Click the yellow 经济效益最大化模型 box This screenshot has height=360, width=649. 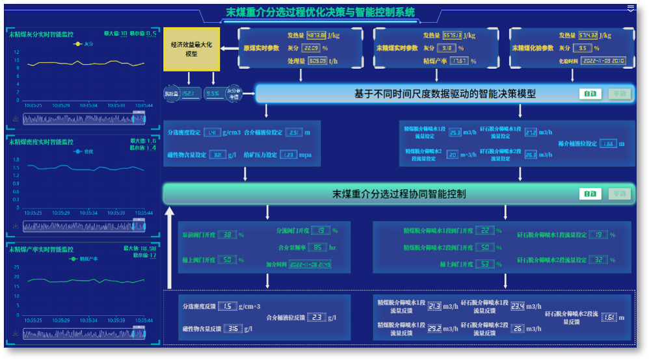(192, 49)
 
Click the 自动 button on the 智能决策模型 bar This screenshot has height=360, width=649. (590, 94)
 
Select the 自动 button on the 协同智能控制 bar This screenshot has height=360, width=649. (590, 194)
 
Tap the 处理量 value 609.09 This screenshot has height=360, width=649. (317, 61)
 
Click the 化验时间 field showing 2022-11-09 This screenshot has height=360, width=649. (602, 61)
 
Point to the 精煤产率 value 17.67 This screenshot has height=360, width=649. (459, 61)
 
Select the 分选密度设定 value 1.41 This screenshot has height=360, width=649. (212, 133)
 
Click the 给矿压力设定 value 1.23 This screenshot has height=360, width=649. (289, 155)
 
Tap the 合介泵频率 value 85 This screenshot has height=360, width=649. (318, 248)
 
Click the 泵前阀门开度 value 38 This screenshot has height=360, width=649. (227, 235)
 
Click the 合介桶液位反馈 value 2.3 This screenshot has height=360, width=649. (315, 318)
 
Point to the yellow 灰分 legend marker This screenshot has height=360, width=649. (77, 44)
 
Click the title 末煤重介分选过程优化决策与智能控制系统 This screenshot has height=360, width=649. (320, 12)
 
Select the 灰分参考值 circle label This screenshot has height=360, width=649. (233, 94)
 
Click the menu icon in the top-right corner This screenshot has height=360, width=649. (630, 8)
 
